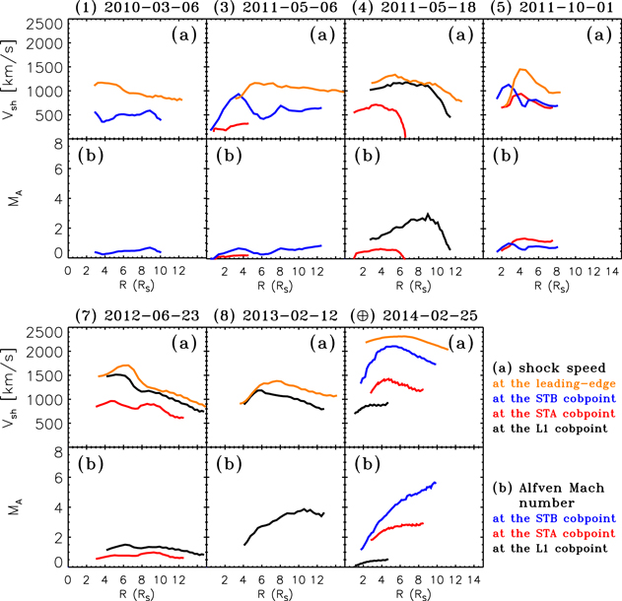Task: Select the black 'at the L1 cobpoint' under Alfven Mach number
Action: [556, 544]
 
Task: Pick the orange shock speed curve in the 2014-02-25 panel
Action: [414, 337]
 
